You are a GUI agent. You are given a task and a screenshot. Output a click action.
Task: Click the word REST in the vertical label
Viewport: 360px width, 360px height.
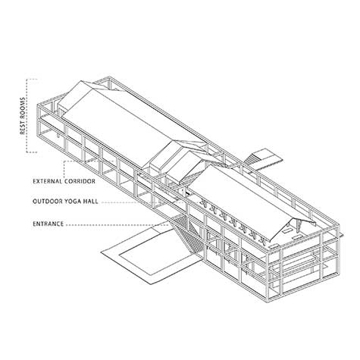click(x=23, y=127)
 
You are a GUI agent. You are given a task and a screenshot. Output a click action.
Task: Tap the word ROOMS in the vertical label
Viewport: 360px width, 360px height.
click(x=23, y=108)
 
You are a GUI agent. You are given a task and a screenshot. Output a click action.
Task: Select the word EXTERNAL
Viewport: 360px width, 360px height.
click(x=48, y=181)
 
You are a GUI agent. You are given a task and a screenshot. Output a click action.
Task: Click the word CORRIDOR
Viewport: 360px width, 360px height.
click(x=80, y=181)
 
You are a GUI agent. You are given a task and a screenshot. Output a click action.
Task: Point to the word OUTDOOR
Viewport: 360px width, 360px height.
click(x=47, y=202)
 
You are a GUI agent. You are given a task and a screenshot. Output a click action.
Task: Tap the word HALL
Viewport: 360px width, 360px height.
click(x=90, y=202)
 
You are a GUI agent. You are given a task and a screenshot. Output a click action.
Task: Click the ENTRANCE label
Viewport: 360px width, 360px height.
click(x=48, y=224)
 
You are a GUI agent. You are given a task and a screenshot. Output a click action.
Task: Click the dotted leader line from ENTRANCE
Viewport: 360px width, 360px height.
click(x=118, y=224)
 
